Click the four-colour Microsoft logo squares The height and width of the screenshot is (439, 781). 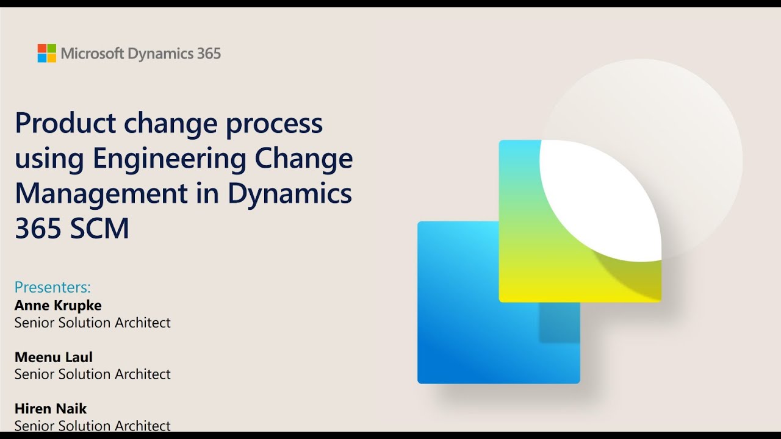pos(47,53)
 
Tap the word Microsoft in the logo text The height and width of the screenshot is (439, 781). pos(92,53)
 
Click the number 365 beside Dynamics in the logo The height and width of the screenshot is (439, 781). pos(209,53)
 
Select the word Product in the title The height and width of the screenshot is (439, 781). pos(65,123)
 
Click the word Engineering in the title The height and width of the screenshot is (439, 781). pos(170,159)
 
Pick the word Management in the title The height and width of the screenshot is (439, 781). pos(101,195)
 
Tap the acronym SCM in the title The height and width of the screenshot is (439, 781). pos(99,228)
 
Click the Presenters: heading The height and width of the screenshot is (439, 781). pos(52,287)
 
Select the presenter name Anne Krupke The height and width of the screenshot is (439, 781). pos(58,305)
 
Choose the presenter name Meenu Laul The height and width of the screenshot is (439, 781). pos(53,357)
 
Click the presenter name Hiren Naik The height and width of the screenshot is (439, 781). pos(51,409)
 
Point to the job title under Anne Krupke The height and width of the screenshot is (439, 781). pos(92,323)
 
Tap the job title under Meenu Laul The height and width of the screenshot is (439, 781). pos(92,374)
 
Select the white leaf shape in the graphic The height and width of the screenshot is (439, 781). pos(600,199)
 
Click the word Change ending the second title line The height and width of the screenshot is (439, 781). pos(304,159)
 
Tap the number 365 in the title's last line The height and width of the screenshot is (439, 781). pos(38,228)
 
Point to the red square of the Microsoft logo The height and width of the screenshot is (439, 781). pos(42,48)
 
